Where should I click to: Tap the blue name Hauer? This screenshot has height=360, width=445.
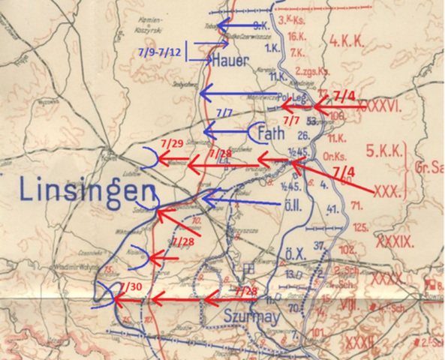point(230,60)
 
